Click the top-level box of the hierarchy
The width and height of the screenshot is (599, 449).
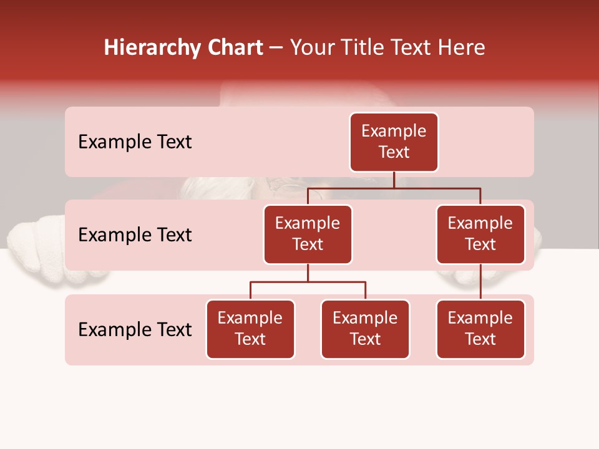tap(394, 142)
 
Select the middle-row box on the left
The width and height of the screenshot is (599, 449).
tap(308, 234)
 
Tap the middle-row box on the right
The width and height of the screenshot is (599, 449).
tap(480, 234)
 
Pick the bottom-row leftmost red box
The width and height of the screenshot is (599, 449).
tap(250, 329)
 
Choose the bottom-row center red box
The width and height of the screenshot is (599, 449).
tap(365, 329)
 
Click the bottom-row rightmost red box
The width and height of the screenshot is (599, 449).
tap(480, 329)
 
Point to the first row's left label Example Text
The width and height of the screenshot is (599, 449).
tap(135, 142)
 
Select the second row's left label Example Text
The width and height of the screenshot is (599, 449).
tap(135, 235)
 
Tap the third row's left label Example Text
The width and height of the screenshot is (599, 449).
tap(135, 329)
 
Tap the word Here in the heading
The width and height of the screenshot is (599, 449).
tap(461, 47)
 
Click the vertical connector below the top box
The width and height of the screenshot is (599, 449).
tap(394, 180)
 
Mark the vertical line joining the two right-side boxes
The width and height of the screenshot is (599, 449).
tap(480, 282)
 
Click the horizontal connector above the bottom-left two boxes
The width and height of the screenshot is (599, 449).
tap(308, 282)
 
